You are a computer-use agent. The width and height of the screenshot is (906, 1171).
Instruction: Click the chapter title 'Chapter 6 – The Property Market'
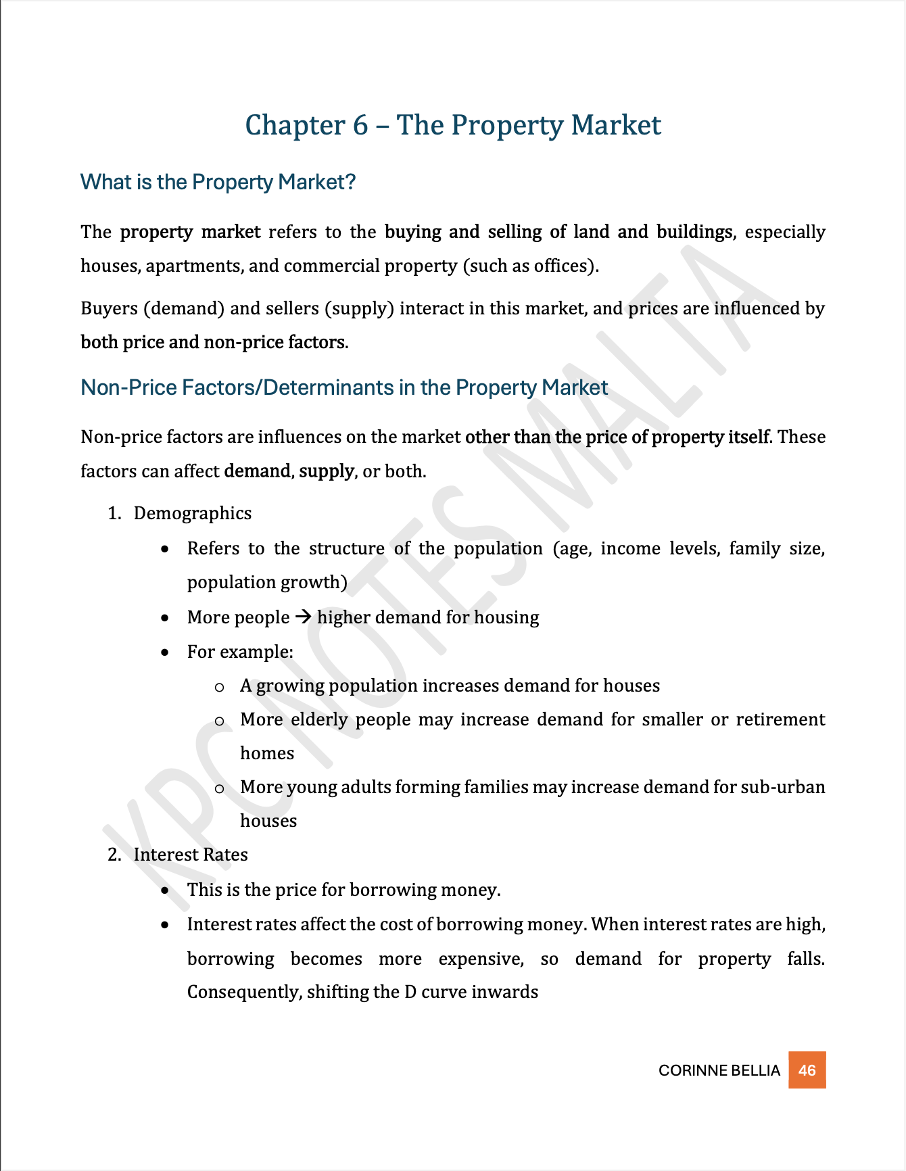(453, 125)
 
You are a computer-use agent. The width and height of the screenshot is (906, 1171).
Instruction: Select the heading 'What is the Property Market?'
(218, 182)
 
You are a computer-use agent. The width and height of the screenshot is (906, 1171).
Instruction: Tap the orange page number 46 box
(807, 1070)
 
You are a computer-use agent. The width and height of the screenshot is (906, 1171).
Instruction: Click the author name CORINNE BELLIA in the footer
(719, 1070)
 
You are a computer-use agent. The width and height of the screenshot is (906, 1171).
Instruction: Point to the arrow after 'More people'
(303, 617)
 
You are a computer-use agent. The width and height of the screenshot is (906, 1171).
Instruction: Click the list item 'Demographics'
(193, 513)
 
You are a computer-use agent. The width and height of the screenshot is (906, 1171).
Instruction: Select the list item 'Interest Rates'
(191, 855)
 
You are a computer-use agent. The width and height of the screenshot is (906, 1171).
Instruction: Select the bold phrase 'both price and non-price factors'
(213, 342)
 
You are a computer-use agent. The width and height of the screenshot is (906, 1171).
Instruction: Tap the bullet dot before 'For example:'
(165, 652)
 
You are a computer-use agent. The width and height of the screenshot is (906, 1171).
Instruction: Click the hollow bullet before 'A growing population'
(219, 688)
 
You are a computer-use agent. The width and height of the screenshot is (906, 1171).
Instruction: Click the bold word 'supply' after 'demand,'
(327, 471)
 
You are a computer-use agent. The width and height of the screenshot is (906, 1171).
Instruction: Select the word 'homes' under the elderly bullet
(267, 753)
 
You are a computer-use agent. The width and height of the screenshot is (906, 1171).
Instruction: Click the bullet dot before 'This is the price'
(165, 890)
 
